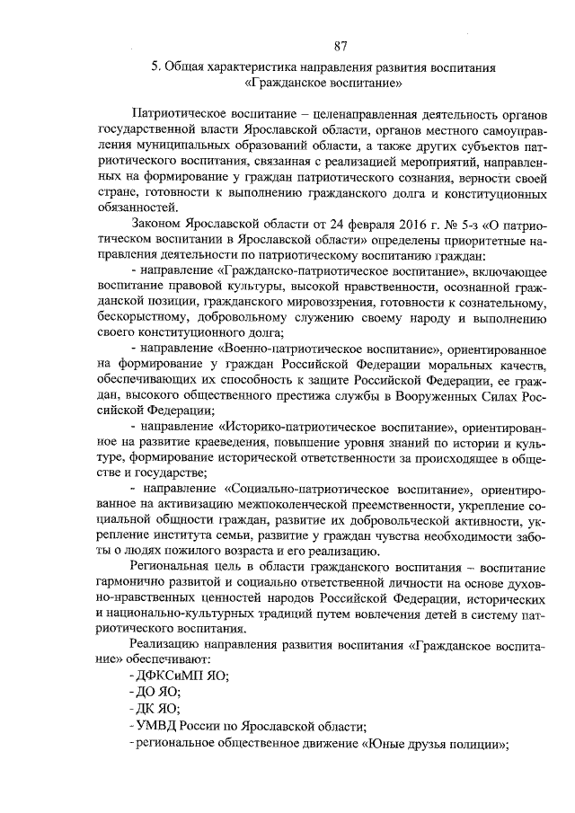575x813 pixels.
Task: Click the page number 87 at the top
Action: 340,47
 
